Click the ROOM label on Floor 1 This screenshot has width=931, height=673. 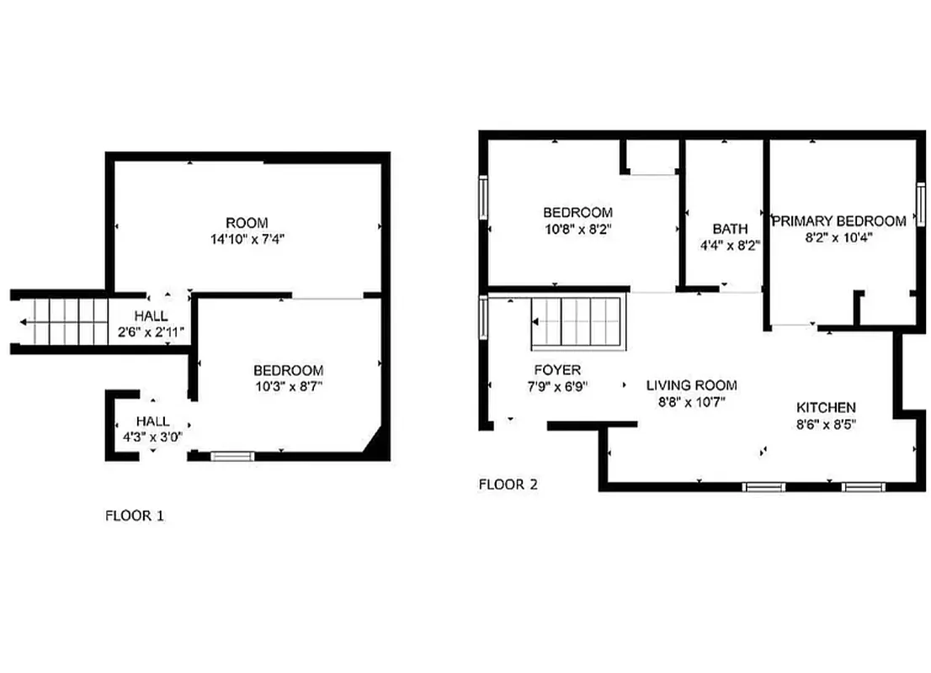click(x=247, y=223)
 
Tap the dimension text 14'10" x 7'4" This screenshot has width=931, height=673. click(x=247, y=238)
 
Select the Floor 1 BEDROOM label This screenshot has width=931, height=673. click(x=289, y=370)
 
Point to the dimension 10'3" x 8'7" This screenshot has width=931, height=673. click(x=289, y=386)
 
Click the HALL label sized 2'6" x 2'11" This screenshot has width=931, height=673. click(x=152, y=315)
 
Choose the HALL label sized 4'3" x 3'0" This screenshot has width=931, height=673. click(x=152, y=421)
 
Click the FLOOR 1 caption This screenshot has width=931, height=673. click(x=134, y=516)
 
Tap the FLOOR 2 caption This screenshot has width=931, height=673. click(x=508, y=485)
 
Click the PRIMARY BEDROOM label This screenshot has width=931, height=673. click(x=839, y=221)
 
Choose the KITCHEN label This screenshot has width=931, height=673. click(x=826, y=407)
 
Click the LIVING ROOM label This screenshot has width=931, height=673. click(x=691, y=385)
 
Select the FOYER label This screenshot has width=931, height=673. click(x=557, y=370)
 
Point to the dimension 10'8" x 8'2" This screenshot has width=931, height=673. click(x=577, y=228)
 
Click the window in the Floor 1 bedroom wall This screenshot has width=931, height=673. click(x=231, y=457)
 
